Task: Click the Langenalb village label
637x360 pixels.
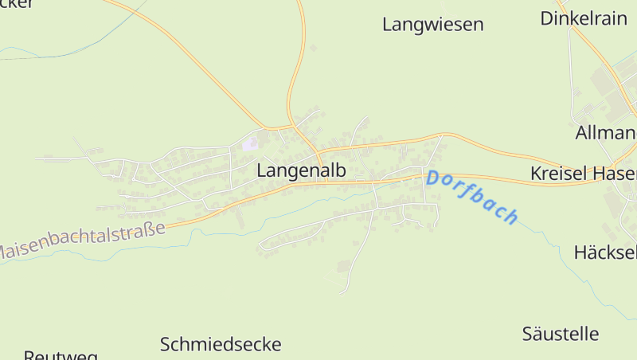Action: (301, 170)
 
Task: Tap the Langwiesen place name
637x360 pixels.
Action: (432, 25)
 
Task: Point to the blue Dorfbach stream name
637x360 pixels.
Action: (472, 197)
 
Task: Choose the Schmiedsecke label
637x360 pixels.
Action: (221, 345)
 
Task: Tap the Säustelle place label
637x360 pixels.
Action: (561, 333)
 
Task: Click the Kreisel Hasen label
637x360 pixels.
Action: (583, 174)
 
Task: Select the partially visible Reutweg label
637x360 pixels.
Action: (61, 354)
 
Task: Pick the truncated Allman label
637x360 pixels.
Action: (605, 132)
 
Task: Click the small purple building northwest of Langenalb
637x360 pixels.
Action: (251, 143)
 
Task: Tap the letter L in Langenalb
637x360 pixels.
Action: (262, 170)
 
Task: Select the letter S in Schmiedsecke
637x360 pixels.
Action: (166, 345)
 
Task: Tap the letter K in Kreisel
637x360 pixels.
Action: (536, 174)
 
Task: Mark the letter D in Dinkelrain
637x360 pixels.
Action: (547, 18)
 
